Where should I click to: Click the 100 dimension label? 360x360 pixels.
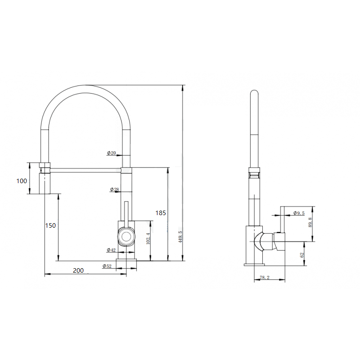22,181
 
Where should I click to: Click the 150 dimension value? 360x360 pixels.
50,225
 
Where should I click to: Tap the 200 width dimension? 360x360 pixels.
78,270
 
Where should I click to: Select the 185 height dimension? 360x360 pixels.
161,213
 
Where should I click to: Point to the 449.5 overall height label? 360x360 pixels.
180,237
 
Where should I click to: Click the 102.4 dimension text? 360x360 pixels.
148,238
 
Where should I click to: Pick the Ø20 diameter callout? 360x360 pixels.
111,153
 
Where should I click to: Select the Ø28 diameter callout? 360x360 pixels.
114,189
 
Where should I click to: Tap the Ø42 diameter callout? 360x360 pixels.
111,250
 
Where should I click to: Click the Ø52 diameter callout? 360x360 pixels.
107,266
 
